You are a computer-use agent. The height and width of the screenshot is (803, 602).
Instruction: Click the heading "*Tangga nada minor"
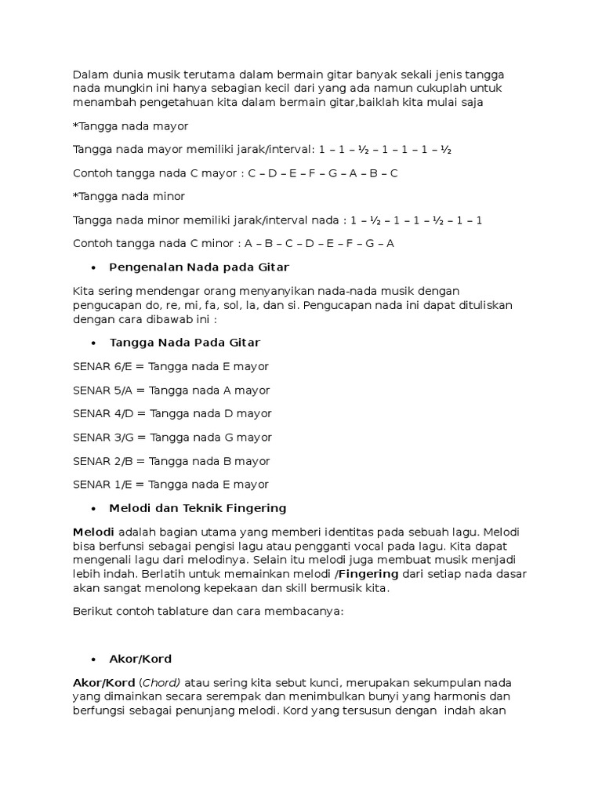(129, 196)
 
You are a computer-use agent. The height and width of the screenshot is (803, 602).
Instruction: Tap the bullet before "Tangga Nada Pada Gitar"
(92, 343)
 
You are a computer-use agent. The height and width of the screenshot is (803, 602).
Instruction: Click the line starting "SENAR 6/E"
(170, 366)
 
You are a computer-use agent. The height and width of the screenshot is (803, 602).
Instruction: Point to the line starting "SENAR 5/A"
(171, 390)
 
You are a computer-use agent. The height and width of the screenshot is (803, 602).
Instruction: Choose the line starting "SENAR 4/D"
(172, 413)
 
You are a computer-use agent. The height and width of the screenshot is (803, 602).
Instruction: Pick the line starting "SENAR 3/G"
(172, 437)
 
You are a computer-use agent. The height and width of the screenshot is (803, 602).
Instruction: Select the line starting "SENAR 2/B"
(171, 460)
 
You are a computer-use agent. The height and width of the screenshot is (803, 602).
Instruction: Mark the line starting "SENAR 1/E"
(170, 484)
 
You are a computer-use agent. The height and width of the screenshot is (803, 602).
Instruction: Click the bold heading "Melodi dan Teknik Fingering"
(198, 508)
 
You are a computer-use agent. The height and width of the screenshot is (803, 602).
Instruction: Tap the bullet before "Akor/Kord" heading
(92, 659)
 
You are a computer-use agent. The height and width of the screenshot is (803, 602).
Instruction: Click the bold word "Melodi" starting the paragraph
(93, 531)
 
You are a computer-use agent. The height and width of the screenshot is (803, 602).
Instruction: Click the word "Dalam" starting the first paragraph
(89, 74)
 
